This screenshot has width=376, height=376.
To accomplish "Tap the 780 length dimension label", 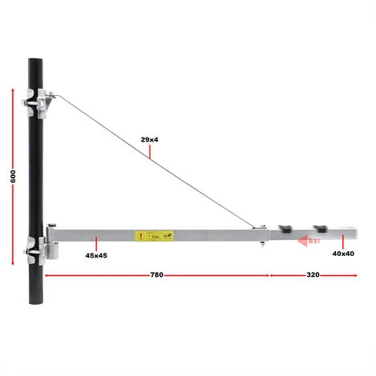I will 157,275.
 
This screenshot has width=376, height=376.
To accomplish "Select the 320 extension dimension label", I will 313,275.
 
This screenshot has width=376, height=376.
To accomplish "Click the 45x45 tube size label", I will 96,254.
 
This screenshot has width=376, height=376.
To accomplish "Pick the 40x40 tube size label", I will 343,254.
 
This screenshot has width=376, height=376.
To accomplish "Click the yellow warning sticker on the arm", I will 154,236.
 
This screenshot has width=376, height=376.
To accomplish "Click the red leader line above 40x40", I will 343,242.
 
